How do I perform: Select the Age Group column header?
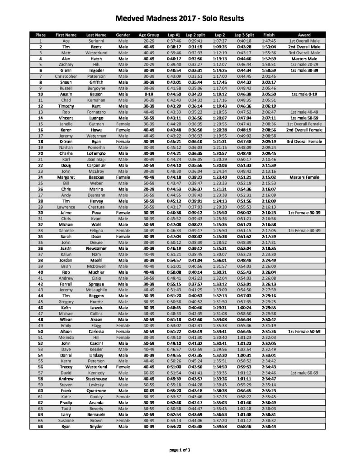(149, 35)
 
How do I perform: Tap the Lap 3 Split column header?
(244, 35)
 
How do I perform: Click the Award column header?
(304, 35)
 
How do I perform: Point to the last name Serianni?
(96, 41)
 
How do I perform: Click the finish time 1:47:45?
(269, 41)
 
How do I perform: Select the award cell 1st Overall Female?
(304, 124)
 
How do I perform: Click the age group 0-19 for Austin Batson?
(149, 94)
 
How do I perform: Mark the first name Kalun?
(62, 254)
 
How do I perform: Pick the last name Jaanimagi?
(96, 159)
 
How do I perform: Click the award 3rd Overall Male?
(304, 53)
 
